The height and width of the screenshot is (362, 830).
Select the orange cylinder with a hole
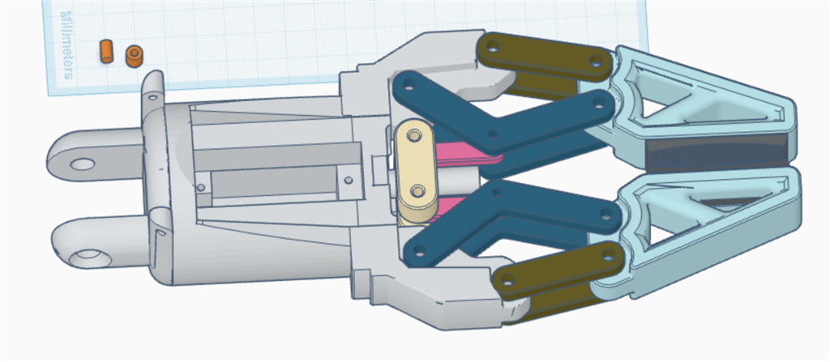135,55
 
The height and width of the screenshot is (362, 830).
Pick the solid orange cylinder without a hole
105,50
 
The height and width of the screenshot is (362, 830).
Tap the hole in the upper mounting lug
82,164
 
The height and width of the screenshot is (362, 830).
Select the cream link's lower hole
417,192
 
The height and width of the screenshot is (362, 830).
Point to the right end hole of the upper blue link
600,103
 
